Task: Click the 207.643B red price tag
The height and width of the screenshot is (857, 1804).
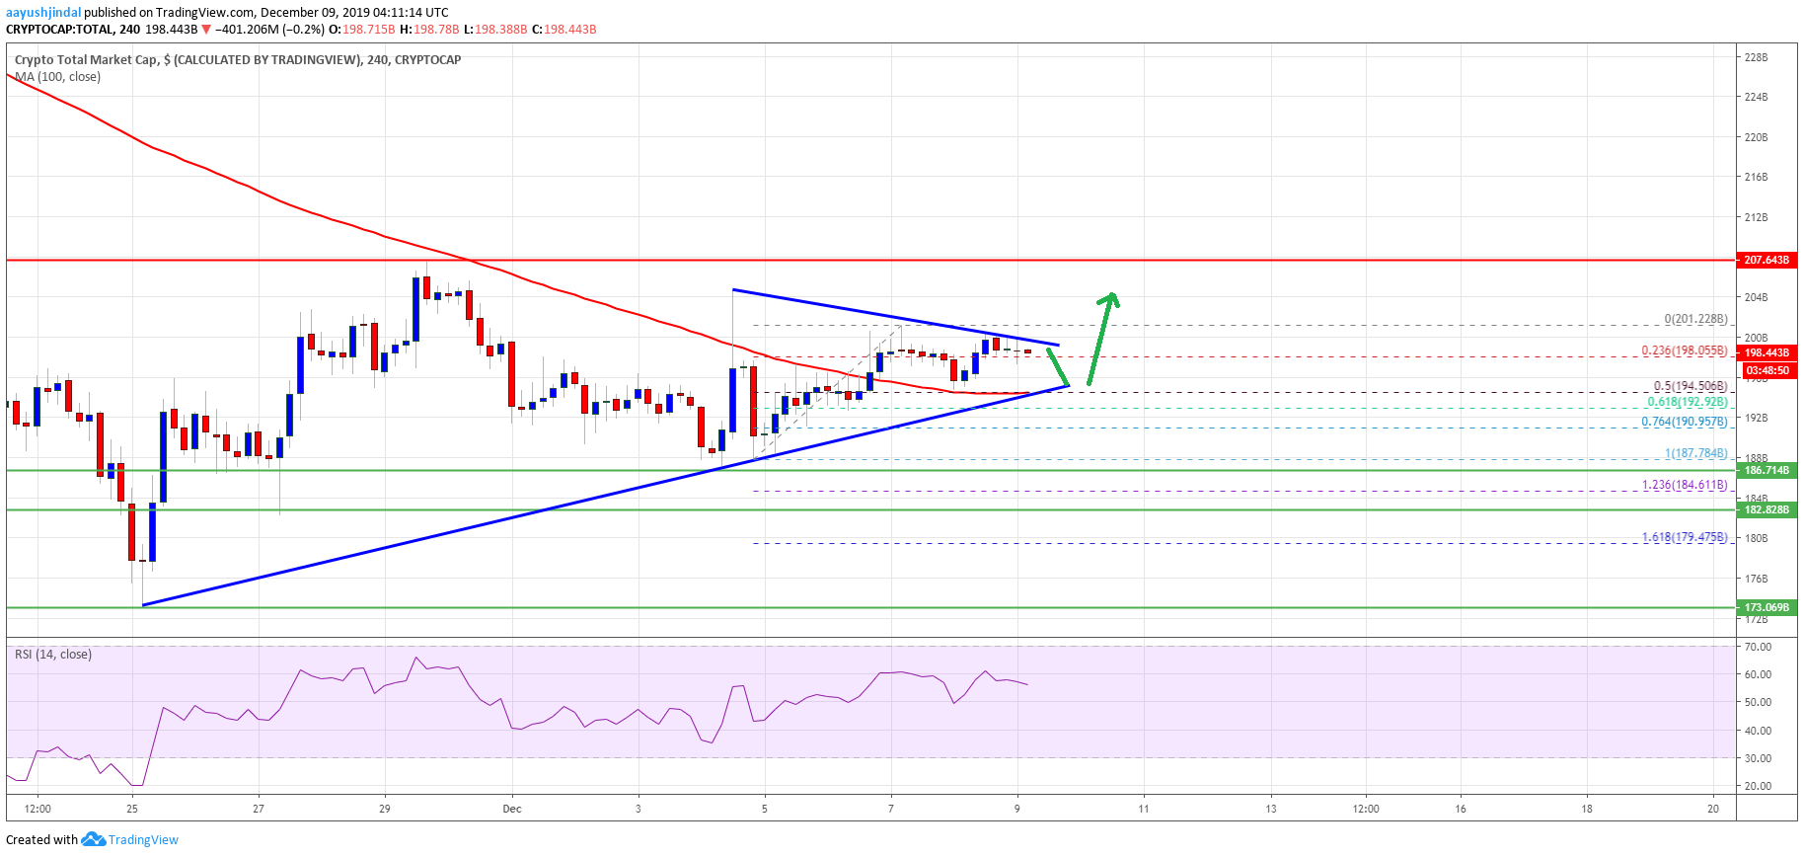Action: coord(1766,260)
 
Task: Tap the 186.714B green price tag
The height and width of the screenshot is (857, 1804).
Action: coord(1766,470)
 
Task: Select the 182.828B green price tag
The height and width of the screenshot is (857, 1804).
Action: coord(1766,509)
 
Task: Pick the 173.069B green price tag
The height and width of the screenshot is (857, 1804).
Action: coord(1766,607)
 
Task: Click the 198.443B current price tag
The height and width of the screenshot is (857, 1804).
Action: coord(1766,352)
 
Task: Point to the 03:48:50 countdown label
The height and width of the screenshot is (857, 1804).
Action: coord(1766,370)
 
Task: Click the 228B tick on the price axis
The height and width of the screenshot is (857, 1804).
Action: coord(1756,57)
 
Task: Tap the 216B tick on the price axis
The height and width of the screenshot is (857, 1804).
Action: coord(1756,177)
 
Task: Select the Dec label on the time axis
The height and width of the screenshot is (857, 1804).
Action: coord(511,809)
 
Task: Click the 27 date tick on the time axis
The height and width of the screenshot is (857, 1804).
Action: coord(259,809)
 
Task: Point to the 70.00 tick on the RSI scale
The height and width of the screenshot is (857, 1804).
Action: coord(1758,647)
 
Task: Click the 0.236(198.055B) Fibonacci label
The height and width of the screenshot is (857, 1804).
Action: coord(1684,351)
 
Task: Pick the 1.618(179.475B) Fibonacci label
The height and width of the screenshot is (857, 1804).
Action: coord(1684,537)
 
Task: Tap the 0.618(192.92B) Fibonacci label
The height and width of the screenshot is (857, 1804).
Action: coord(1687,402)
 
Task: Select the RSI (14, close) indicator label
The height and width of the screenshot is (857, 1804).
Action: coord(53,655)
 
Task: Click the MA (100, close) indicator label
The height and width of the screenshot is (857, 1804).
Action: coord(57,77)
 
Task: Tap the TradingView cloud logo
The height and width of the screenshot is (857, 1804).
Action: coord(93,839)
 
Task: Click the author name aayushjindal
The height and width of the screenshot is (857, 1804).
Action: coord(43,13)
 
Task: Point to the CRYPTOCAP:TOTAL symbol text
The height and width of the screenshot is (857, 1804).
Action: coord(59,30)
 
